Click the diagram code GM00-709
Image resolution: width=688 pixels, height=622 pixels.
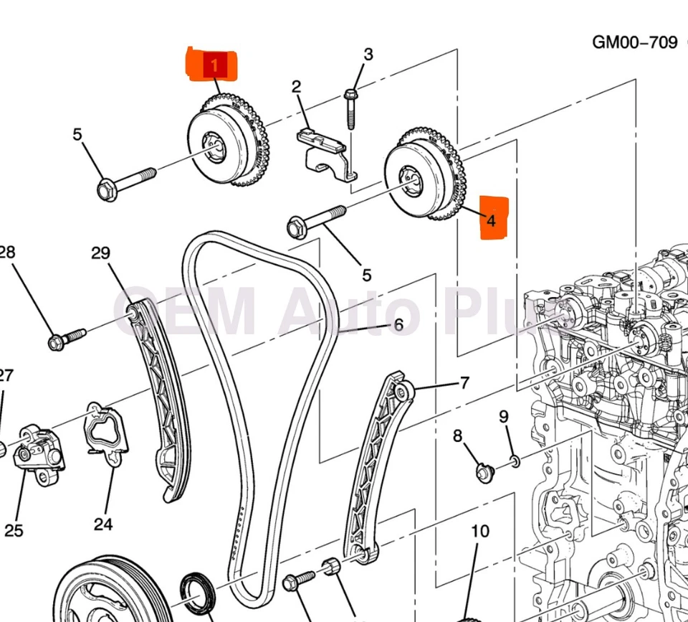pyautogui.click(x=634, y=42)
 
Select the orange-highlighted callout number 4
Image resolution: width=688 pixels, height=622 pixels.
pyautogui.click(x=492, y=221)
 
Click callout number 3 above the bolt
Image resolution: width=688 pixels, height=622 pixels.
pyautogui.click(x=368, y=55)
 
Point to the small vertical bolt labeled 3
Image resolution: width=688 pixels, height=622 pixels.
pyautogui.click(x=350, y=108)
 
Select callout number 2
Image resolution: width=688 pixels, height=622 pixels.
pyautogui.click(x=296, y=88)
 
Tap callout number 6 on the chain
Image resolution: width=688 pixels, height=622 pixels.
pyautogui.click(x=398, y=325)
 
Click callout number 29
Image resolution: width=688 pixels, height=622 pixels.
pyautogui.click(x=101, y=253)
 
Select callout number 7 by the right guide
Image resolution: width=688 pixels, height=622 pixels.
pyautogui.click(x=464, y=382)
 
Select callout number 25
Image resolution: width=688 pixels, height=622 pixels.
pyautogui.click(x=14, y=530)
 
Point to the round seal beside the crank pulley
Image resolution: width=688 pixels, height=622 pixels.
pyautogui.click(x=195, y=591)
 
